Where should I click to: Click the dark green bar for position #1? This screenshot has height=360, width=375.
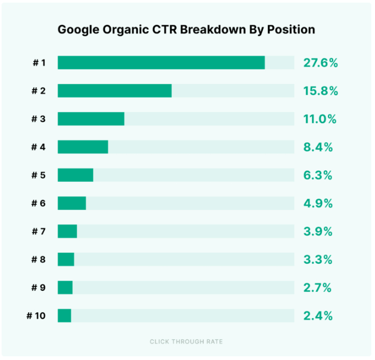(x=161, y=62)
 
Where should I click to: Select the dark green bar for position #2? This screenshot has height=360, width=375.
(x=115, y=90)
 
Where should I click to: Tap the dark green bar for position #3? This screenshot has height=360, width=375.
(x=91, y=118)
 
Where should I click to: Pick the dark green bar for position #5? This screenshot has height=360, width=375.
(x=76, y=175)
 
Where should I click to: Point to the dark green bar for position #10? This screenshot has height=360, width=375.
(x=64, y=316)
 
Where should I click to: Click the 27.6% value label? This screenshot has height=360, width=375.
(x=320, y=63)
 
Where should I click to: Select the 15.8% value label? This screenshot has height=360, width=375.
(x=320, y=91)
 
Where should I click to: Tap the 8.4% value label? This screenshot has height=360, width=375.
(x=317, y=147)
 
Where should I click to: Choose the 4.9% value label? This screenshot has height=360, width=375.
(x=317, y=204)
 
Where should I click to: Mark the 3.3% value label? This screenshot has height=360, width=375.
(x=317, y=260)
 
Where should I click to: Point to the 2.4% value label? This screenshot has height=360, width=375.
(x=317, y=316)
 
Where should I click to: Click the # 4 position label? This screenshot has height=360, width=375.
(x=38, y=147)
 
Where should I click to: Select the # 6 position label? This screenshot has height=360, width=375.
(x=38, y=204)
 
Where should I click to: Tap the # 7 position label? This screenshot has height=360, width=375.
(x=38, y=232)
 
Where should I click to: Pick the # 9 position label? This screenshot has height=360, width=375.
(x=38, y=288)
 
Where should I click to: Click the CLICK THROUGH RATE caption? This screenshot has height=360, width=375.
(x=186, y=341)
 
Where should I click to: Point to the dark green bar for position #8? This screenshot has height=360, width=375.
(x=66, y=260)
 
